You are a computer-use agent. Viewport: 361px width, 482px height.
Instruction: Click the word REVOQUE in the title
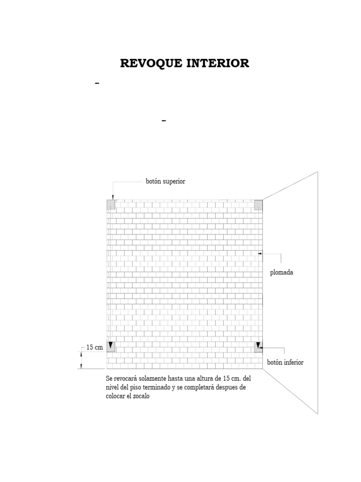149,64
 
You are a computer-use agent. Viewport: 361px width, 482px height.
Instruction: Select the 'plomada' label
282,273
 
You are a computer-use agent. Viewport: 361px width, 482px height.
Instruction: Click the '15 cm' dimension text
94,347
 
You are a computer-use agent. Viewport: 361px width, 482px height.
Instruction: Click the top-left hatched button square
111,205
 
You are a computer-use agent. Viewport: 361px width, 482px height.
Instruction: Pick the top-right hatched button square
258,205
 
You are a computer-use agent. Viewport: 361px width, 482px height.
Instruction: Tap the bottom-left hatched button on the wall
111,347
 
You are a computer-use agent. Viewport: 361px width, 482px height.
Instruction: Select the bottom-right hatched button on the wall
258,347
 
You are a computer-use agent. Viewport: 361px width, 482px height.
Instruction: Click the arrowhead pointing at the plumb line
260,254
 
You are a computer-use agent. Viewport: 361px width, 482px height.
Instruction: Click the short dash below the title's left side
98,83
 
